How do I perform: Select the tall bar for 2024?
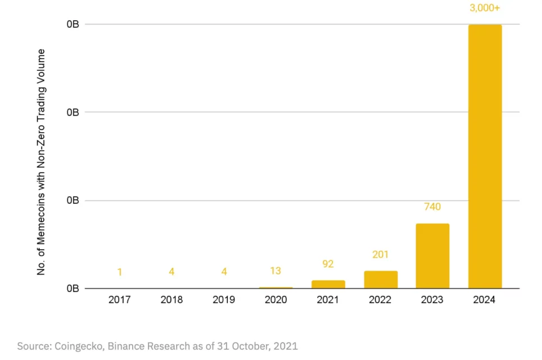click(485, 156)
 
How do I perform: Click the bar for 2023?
click(432, 256)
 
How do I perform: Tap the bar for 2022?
click(381, 280)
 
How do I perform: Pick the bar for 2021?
click(328, 284)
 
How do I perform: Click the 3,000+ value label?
click(485, 8)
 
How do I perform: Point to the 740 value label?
click(432, 207)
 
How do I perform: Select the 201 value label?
click(381, 255)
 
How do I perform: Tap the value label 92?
click(328, 264)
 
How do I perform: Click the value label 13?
click(275, 271)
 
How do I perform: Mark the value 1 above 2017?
click(119, 272)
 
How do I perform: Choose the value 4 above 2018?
click(171, 272)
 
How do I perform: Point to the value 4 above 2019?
click(224, 272)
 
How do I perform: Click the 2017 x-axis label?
click(119, 300)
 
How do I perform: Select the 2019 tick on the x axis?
click(224, 300)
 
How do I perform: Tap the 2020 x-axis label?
click(275, 300)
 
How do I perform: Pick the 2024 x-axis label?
click(485, 300)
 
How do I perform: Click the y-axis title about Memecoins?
click(41, 162)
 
